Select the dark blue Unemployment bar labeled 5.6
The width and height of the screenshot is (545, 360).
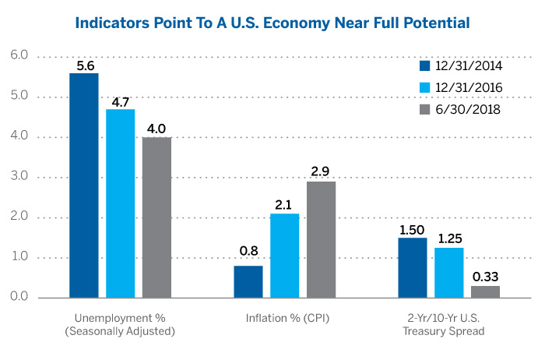point(84,185)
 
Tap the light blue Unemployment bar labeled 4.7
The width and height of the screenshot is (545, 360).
point(121,203)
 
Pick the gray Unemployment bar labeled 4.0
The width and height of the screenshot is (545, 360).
point(157,217)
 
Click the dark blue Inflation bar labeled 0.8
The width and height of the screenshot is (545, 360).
point(248,281)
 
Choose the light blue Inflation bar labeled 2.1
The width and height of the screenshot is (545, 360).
point(285,256)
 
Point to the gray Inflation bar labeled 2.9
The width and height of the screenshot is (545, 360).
point(322,239)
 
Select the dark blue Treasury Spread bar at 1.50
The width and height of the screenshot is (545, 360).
point(413,267)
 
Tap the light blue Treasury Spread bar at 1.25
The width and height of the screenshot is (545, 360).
point(449,273)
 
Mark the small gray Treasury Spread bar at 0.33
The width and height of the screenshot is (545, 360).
point(486,291)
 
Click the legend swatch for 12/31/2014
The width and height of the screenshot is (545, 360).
point(425,65)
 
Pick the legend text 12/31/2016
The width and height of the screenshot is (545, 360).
point(468,87)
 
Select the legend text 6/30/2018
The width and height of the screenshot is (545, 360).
point(468,110)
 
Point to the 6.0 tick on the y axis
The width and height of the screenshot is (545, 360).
point(19,56)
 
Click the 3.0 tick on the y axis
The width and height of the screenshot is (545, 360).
point(19,177)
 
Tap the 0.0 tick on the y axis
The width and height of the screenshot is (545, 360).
point(19,298)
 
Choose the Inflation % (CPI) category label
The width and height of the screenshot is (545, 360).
point(285,319)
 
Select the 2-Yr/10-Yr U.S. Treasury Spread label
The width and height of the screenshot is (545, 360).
point(449,325)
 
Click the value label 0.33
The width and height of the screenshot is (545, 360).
point(486,276)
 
